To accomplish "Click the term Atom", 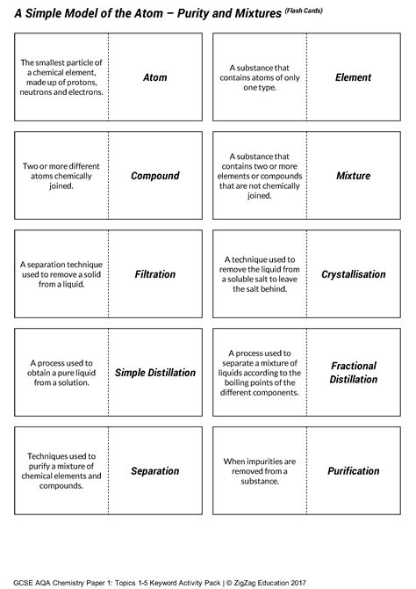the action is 155,77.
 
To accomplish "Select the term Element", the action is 354,77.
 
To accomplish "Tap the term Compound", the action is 155,176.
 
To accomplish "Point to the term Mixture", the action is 354,176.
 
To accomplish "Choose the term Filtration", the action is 155,274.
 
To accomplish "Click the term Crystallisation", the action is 354,274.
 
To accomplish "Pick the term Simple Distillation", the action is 155,373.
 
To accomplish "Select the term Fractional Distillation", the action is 354,373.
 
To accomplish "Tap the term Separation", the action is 155,471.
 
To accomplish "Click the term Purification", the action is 354,471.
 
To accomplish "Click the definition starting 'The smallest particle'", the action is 61,77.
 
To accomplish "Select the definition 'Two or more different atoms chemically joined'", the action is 61,176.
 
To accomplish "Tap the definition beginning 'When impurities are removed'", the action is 259,471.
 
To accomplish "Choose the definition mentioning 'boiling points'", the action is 259,373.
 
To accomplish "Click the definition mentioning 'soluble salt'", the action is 259,274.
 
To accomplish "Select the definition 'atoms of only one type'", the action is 259,77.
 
